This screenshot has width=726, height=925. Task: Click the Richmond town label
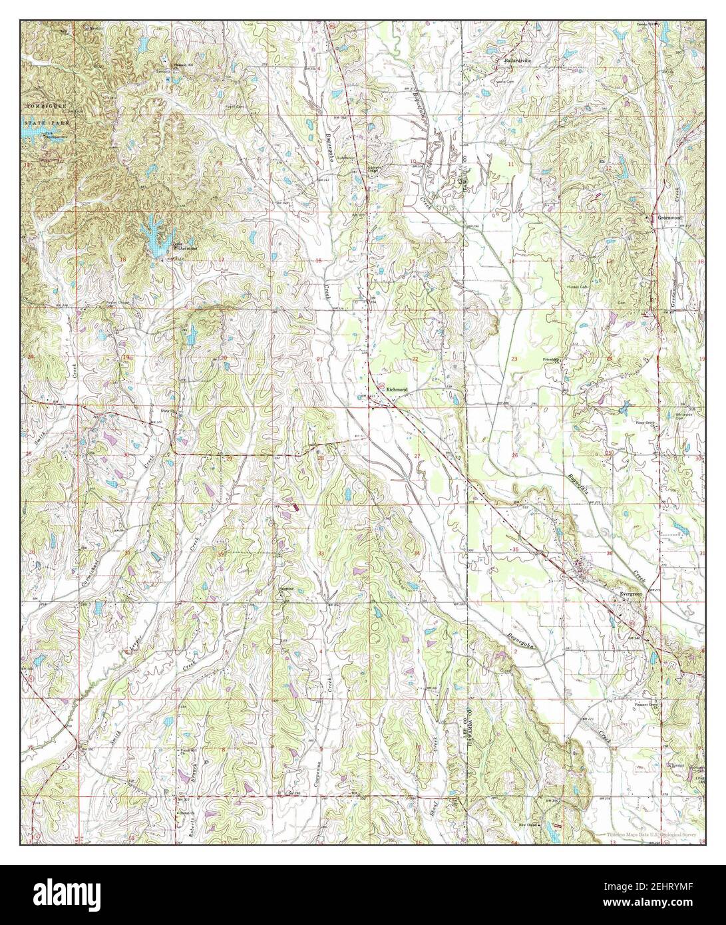click(x=406, y=390)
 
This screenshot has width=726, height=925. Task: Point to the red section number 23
click(x=514, y=359)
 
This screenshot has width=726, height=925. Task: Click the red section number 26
click(x=514, y=455)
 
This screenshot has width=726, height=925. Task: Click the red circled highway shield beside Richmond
click(x=379, y=386)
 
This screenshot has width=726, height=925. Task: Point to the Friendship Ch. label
click(x=552, y=360)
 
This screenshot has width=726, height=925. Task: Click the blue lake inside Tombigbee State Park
click(x=31, y=133)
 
